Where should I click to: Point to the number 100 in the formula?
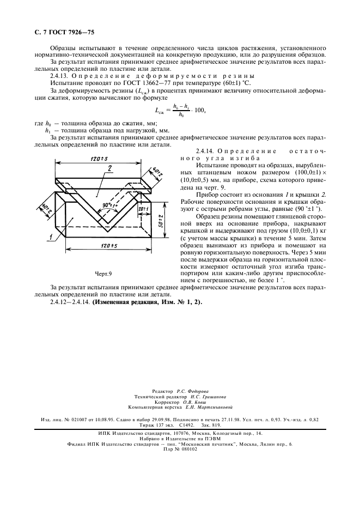click(x=199, y=110)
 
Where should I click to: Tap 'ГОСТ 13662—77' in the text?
click(x=124, y=83)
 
